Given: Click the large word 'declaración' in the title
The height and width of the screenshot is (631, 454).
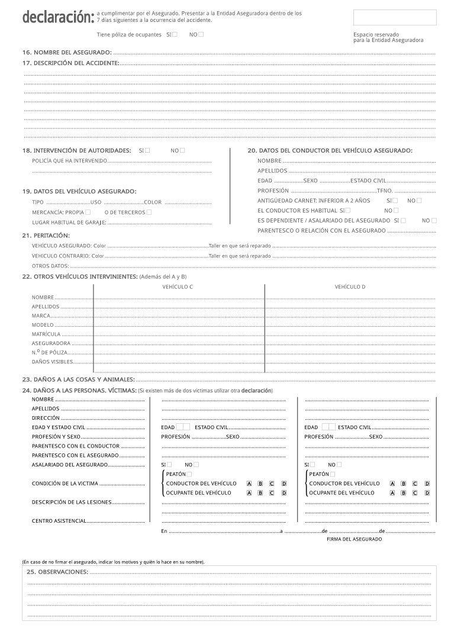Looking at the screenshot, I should click(x=57, y=18).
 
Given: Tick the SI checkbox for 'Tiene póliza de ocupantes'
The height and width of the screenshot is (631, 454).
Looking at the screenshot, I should click(x=175, y=34).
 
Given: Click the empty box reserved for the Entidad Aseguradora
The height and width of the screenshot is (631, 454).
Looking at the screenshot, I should click(x=395, y=18).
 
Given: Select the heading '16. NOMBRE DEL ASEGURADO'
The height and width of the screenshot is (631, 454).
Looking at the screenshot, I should click(x=67, y=53).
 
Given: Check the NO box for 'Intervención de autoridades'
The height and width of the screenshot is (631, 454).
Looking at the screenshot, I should click(x=182, y=150).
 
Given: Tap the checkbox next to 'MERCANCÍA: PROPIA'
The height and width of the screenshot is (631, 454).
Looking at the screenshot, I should click(x=88, y=212).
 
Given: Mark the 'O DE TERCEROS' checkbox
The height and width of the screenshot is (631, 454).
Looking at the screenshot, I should click(x=149, y=212).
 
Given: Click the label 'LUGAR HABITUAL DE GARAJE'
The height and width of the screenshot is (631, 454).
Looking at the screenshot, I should click(x=69, y=223).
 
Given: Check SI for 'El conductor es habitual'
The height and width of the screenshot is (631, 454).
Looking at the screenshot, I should click(x=347, y=210).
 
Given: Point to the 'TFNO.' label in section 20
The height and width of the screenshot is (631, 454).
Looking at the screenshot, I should click(x=385, y=191).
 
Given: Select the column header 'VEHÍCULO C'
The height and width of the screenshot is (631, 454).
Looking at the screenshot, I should click(x=178, y=287).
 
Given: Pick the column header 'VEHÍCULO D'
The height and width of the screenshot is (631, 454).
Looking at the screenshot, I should click(x=350, y=287).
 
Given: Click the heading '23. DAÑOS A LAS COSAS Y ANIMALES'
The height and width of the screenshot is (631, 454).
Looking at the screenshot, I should click(x=78, y=379).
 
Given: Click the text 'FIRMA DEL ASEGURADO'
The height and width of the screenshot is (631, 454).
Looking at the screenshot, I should click(x=354, y=539).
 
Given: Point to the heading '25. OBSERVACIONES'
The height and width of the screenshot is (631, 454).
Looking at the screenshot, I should click(x=58, y=572).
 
